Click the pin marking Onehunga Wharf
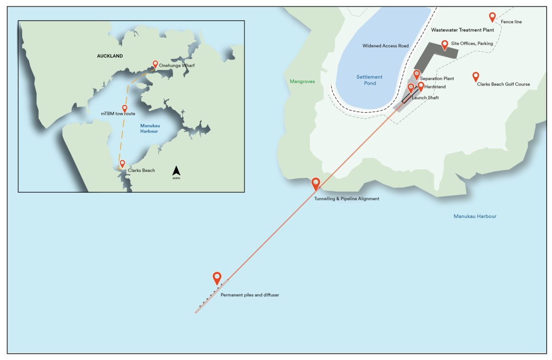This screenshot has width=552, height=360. click(155, 64)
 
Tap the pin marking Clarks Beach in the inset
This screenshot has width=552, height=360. click(122, 164)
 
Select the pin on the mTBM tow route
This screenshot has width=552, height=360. click(125, 109)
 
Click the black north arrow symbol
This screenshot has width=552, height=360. click(177, 171)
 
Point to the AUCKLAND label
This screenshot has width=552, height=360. click(110, 56)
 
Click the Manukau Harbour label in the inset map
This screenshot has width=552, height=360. click(150, 128)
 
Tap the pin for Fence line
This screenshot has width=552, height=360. click(493, 17)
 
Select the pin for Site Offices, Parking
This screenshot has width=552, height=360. click(444, 45)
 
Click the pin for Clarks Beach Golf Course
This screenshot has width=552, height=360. click(475, 77)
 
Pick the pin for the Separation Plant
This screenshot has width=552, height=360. click(417, 75)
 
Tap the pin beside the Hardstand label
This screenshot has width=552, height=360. click(421, 86)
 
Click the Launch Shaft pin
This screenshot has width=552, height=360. click(411, 88)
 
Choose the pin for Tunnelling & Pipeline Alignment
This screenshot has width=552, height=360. click(316, 184)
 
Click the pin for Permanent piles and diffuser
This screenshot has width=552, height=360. click(217, 278)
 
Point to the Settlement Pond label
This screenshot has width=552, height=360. click(370, 80)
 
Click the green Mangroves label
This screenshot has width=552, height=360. click(302, 81)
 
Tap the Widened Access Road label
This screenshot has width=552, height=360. click(386, 46)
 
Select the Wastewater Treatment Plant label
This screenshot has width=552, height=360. click(463, 30)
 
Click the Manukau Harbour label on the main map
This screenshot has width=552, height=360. click(475, 216)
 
